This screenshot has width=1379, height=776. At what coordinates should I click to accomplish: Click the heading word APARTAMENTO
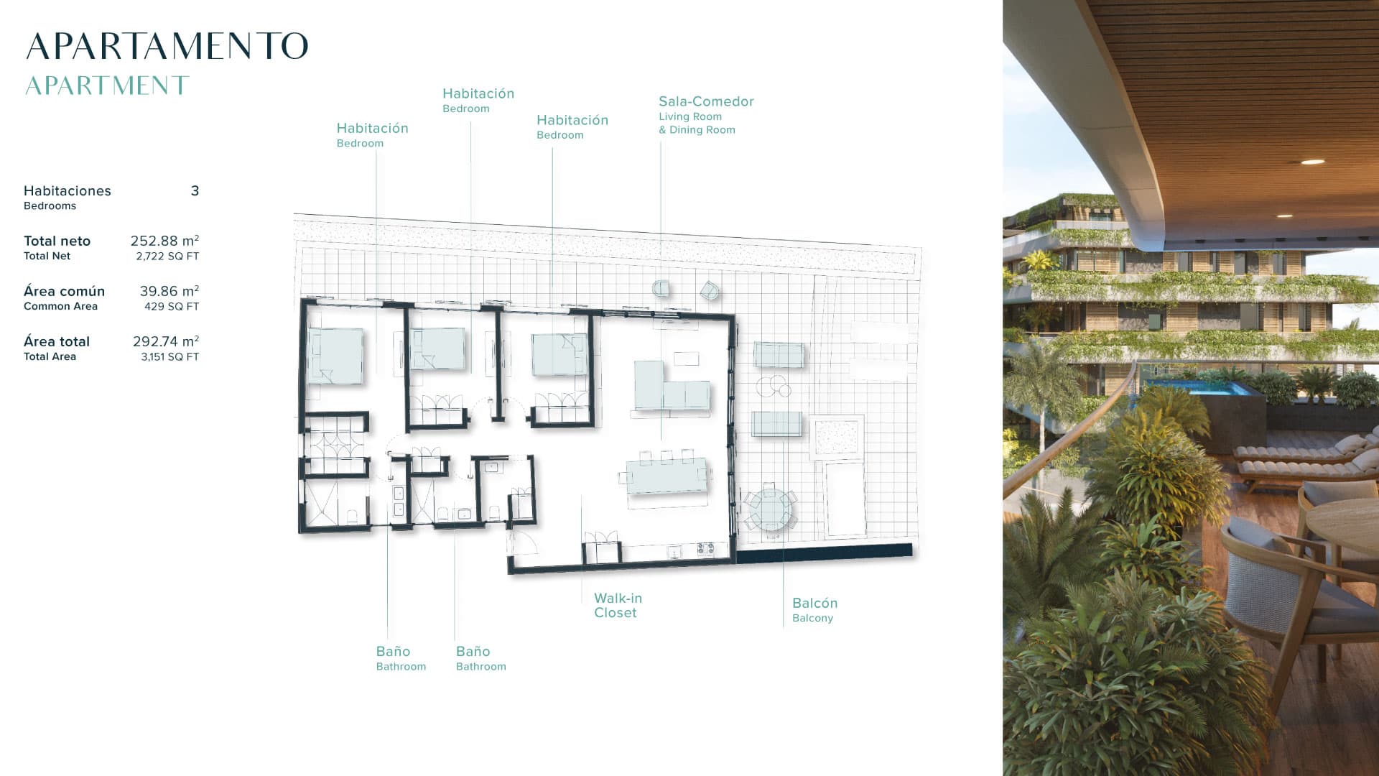click(167, 46)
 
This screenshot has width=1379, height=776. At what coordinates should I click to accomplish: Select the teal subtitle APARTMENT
click(107, 86)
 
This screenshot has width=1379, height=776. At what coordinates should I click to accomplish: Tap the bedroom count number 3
click(195, 190)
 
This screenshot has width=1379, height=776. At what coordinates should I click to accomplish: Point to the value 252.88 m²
click(164, 241)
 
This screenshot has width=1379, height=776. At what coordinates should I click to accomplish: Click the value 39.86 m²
click(170, 291)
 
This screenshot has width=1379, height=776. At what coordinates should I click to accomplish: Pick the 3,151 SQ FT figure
click(170, 356)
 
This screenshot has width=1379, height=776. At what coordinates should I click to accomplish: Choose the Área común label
click(64, 291)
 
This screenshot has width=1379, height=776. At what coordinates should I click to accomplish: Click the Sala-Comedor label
click(706, 101)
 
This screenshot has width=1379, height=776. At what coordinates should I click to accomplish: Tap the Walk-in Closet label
click(618, 605)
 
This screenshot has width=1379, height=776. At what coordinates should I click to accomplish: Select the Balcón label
click(814, 603)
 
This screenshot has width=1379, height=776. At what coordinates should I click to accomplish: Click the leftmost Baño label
click(393, 651)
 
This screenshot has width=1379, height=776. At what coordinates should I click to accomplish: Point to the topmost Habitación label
click(478, 93)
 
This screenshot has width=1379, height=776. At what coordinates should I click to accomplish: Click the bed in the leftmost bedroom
click(335, 356)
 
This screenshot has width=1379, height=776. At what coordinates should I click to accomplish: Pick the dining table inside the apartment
click(667, 476)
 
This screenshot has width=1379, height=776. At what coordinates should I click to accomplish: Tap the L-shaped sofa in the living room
click(671, 386)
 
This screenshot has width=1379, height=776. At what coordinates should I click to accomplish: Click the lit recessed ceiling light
click(1312, 162)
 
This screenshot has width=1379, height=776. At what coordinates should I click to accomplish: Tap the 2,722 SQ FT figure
click(167, 256)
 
